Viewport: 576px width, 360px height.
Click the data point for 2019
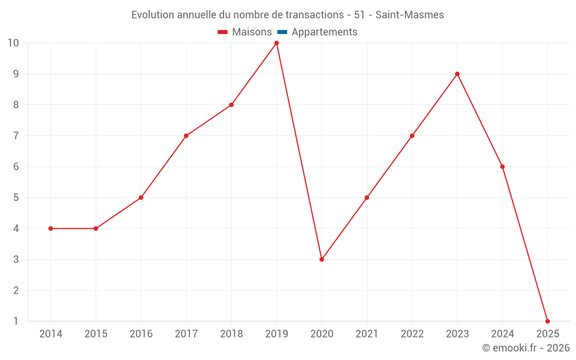(276, 43)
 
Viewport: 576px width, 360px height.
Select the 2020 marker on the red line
(321, 259)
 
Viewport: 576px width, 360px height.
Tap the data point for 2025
(547, 321)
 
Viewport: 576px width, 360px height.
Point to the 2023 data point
(457, 74)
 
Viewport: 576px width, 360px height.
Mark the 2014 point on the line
(51, 229)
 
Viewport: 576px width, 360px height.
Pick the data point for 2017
(186, 136)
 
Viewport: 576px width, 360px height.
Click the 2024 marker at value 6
(502, 166)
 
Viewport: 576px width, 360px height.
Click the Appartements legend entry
(324, 32)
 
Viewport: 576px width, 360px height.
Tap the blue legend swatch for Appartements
(282, 32)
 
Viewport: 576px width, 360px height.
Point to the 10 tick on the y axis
(13, 43)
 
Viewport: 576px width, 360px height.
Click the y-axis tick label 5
(16, 198)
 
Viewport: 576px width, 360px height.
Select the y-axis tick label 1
(16, 321)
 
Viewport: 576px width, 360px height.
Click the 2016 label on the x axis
(141, 334)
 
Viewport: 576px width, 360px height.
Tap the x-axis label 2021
(367, 334)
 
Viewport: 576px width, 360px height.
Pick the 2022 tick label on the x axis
(412, 334)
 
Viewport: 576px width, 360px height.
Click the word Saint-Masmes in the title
(410, 15)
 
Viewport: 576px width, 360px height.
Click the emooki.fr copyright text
(525, 348)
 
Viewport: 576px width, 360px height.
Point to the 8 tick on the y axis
(16, 105)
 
